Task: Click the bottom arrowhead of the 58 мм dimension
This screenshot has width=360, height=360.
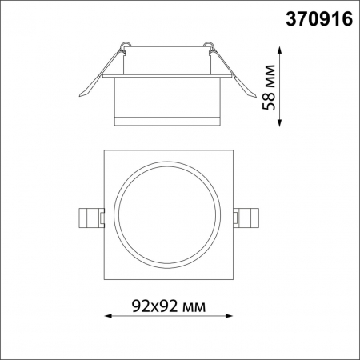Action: tap(280, 125)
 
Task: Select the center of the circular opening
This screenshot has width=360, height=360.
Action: tap(167, 215)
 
